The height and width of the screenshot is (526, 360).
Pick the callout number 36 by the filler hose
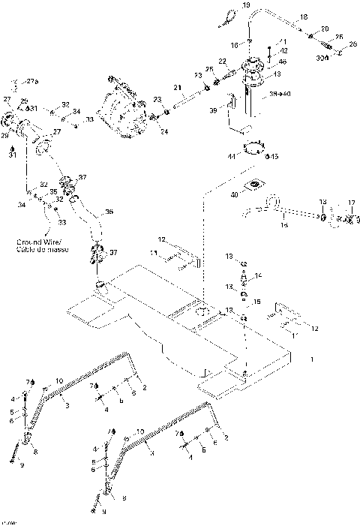pyautogui.click(x=109, y=212)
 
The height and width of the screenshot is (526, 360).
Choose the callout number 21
pyautogui.click(x=178, y=88)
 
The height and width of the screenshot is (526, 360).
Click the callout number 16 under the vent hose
pyautogui.click(x=283, y=224)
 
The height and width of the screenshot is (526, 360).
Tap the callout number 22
pyautogui.click(x=222, y=60)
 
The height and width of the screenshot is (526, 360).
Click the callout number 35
pyautogui.click(x=53, y=192)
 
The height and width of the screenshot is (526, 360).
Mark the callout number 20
pyautogui.click(x=324, y=29)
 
